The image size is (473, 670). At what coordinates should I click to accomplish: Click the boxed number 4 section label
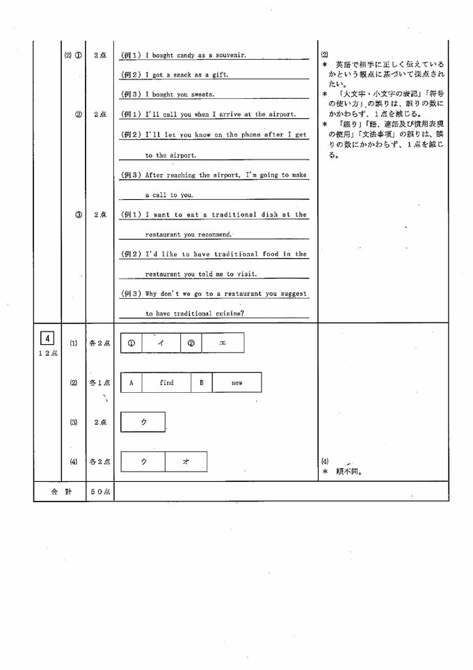tap(47, 339)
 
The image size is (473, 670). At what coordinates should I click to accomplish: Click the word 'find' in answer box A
tap(167, 382)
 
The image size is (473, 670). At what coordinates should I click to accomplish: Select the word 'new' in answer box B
tap(236, 382)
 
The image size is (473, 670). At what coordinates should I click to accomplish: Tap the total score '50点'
tap(101, 492)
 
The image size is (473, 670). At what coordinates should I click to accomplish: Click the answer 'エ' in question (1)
tap(223, 343)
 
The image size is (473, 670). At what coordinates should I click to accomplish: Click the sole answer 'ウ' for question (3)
tap(143, 422)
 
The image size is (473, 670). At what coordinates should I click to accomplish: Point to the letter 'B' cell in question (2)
tap(202, 382)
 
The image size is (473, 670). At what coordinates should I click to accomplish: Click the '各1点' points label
tap(99, 382)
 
